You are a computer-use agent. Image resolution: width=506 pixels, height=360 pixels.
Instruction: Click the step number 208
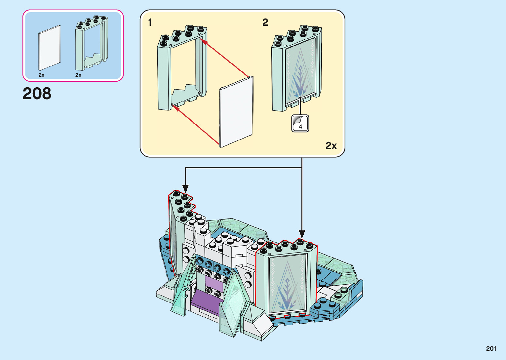[37, 93]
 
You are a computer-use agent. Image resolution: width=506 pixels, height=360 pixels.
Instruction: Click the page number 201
[491, 348]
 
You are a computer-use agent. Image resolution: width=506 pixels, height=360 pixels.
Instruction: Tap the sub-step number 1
[150, 22]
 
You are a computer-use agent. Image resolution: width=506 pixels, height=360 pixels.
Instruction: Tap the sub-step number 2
[265, 22]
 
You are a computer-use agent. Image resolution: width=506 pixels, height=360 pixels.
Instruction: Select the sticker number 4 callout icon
[300, 123]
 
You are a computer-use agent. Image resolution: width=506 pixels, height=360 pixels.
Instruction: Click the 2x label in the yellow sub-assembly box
[331, 145]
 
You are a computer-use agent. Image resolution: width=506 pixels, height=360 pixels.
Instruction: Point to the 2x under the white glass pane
[41, 75]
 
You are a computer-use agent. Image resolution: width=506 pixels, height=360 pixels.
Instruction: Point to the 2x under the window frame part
[78, 75]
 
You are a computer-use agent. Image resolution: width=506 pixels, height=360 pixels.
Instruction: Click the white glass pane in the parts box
[50, 48]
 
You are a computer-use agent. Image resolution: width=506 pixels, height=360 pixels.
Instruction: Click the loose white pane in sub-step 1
[236, 112]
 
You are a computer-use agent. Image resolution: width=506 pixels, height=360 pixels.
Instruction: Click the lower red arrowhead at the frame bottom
[176, 108]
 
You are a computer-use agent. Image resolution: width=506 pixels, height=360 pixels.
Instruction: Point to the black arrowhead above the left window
[185, 188]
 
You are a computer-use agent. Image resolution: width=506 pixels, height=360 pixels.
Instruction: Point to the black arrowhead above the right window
[302, 234]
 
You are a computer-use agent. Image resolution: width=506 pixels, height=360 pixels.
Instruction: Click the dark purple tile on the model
[205, 301]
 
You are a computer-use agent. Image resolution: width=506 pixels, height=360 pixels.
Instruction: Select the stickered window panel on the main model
[287, 284]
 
